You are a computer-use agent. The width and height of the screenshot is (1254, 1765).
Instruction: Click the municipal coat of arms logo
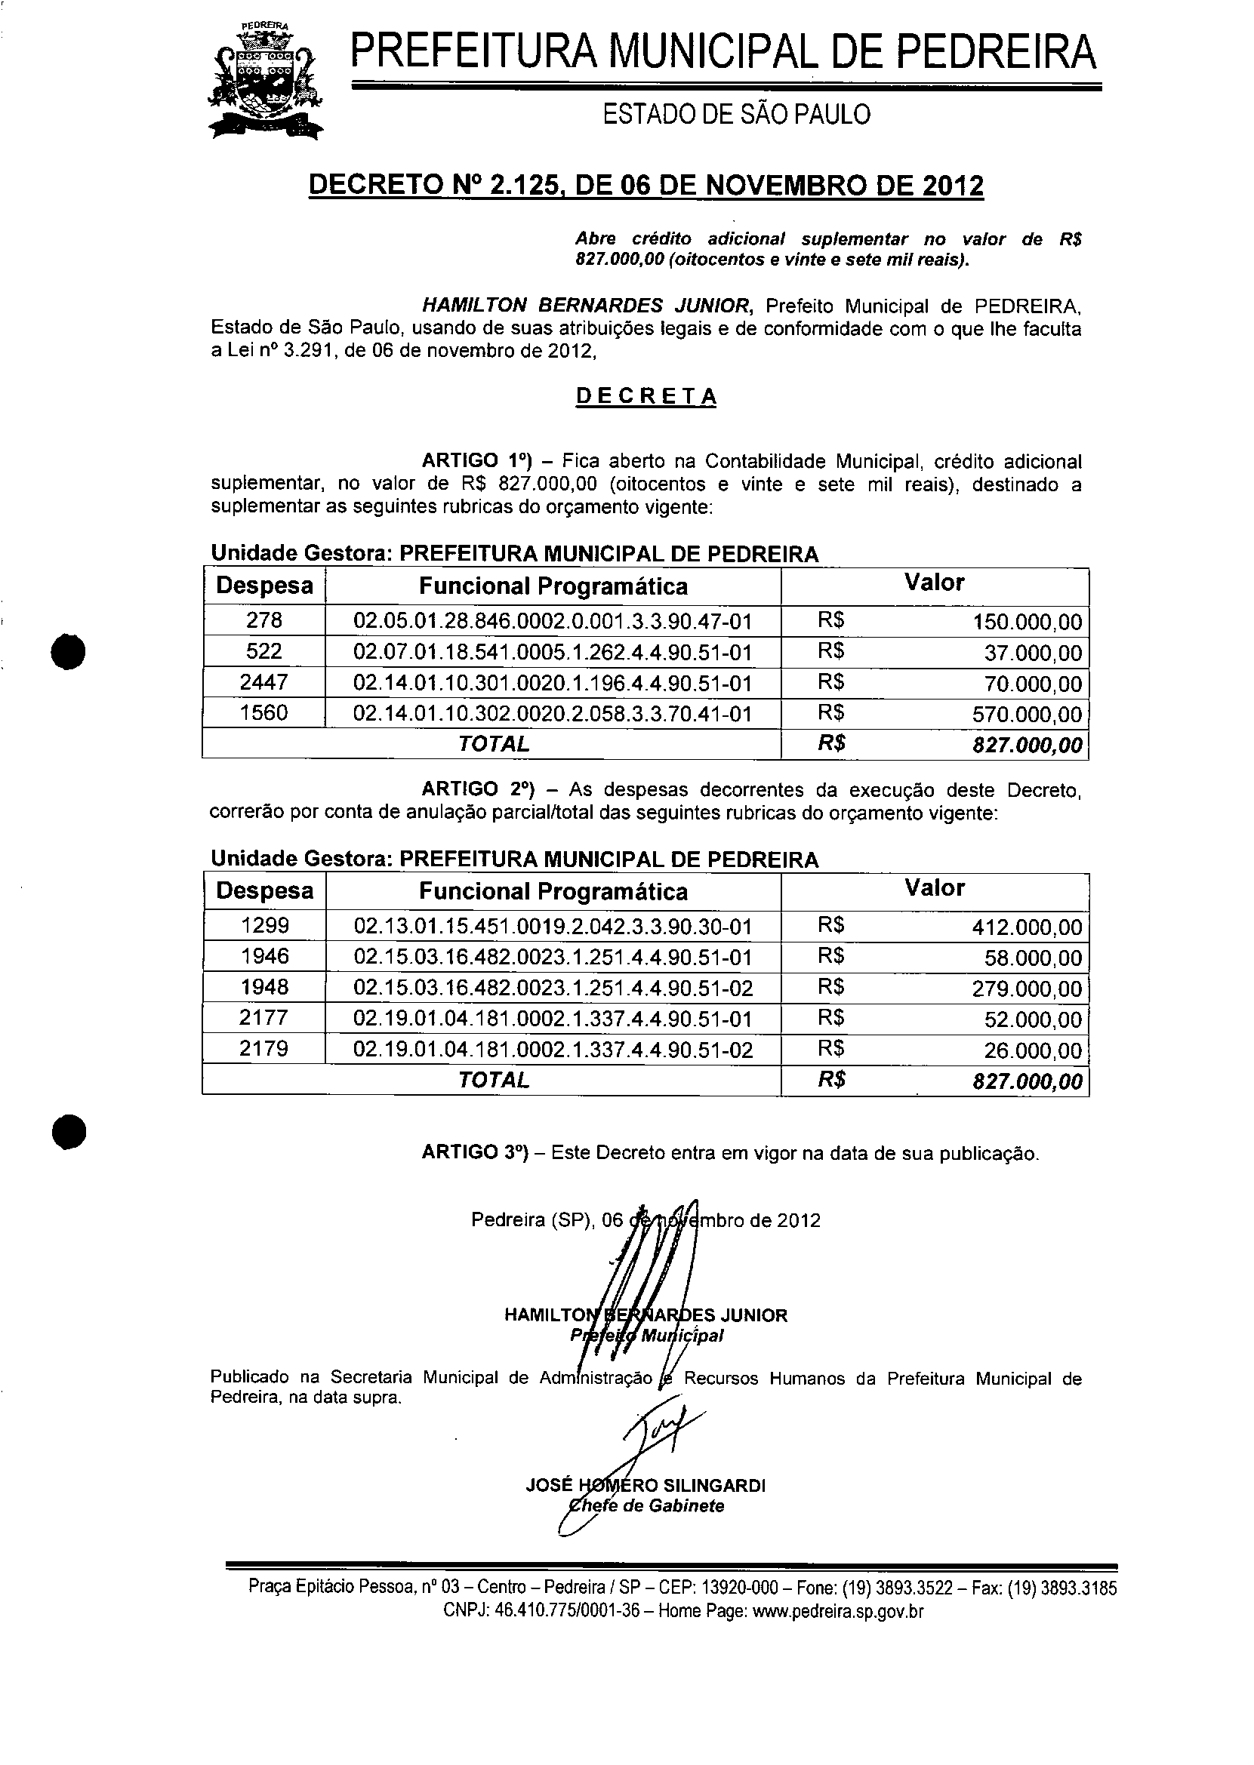point(265,81)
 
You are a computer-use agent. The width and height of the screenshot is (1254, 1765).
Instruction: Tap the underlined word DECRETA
point(646,397)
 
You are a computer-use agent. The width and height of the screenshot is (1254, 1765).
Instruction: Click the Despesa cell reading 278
point(264,620)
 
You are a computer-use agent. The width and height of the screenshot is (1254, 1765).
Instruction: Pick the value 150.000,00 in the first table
point(1027,622)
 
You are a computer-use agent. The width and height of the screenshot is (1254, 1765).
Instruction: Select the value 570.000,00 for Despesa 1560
point(1027,714)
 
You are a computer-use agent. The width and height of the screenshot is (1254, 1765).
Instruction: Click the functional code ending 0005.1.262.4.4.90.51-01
point(552,653)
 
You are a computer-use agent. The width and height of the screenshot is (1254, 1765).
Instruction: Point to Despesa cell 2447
point(264,682)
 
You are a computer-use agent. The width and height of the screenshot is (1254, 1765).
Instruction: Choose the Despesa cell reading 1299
point(264,925)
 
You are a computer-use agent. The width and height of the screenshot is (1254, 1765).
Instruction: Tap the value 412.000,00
point(1027,927)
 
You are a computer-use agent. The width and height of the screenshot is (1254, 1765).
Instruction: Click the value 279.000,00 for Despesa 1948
point(1027,989)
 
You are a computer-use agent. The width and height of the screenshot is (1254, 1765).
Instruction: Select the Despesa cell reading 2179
point(264,1048)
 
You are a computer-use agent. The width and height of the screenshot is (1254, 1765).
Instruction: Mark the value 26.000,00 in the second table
point(1032,1050)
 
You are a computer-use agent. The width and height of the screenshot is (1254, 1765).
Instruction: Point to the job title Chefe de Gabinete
point(646,1505)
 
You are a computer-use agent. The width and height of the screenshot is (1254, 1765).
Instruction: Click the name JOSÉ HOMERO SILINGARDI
point(645,1485)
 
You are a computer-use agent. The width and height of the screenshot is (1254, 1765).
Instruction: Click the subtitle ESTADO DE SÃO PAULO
point(736,115)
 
